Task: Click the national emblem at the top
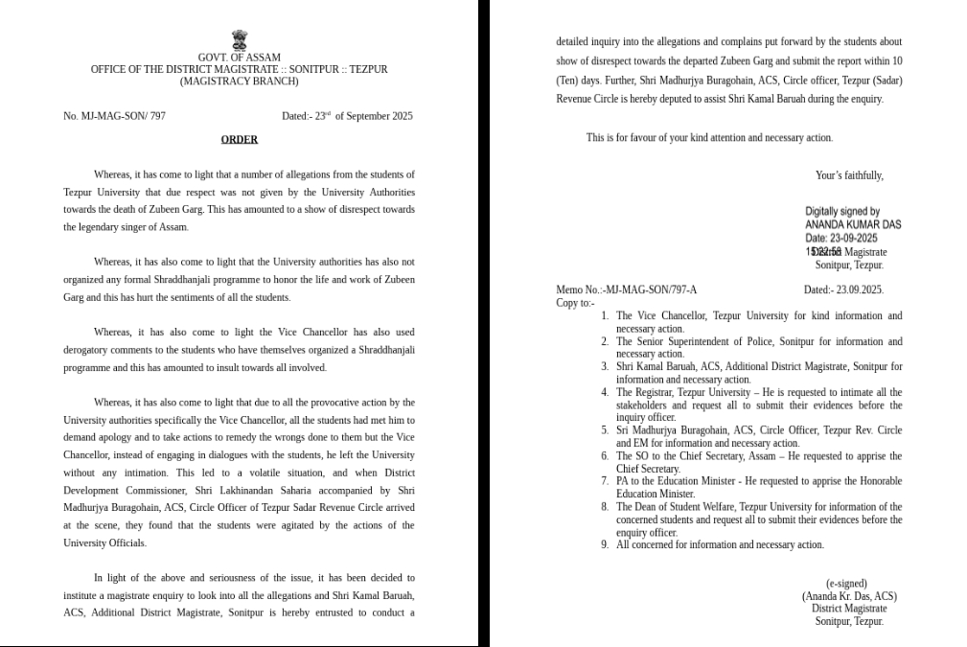pos(239,39)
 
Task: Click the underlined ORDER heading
pos(240,140)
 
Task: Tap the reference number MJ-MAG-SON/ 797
pos(114,117)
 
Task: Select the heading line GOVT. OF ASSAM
pos(240,58)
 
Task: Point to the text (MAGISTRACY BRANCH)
pos(240,81)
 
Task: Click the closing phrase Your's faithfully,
pos(849,176)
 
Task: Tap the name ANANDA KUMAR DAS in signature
pos(853,225)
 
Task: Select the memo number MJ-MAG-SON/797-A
pos(627,289)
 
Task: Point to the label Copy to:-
pos(575,303)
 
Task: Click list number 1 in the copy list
pos(605,316)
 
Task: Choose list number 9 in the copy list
pos(605,545)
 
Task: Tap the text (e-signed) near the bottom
pos(846,584)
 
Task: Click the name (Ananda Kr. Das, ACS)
pos(849,596)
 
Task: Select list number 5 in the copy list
pos(605,431)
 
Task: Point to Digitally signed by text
pos(842,212)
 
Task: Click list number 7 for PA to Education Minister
pos(605,481)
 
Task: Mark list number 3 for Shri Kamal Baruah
pos(605,367)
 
